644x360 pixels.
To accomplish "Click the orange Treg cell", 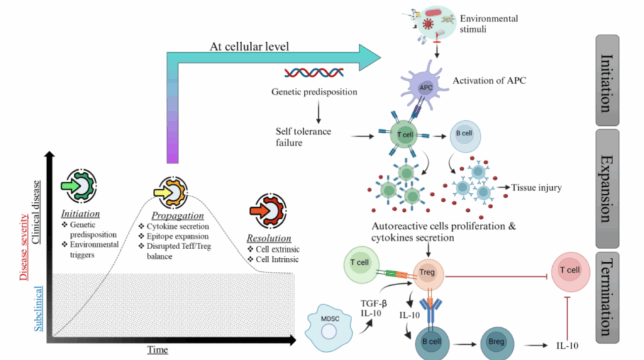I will (428, 273).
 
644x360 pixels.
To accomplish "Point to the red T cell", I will (570, 271).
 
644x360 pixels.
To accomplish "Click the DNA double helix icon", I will (313, 74).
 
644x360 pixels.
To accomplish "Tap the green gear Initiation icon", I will (80, 188).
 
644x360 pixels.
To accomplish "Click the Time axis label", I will (157, 349).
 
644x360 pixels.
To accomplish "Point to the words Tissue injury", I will (536, 187).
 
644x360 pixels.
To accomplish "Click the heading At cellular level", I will (249, 48).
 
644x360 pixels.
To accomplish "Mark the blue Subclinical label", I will (39, 308).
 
